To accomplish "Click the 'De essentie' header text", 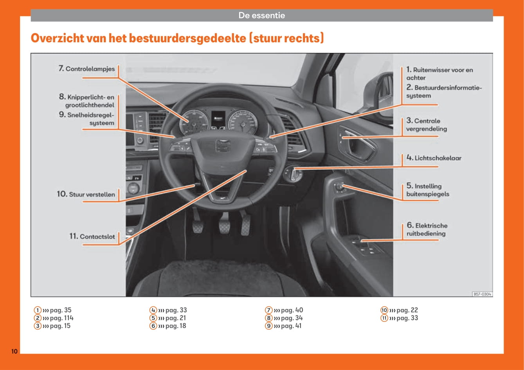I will click(262, 16).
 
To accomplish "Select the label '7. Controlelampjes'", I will click(87, 69).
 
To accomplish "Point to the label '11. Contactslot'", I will click(92, 236).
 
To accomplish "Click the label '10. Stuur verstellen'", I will click(86, 194).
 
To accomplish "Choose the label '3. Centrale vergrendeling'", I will click(426, 125).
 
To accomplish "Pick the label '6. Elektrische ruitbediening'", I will click(427, 229).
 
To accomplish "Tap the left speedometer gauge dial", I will click(193, 122).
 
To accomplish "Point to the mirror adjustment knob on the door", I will click(340, 187).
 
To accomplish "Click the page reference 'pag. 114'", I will click(61, 318).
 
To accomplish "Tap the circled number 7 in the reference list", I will click(268, 310).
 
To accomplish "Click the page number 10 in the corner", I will click(14, 351).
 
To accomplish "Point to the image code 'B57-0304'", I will click(482, 294).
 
